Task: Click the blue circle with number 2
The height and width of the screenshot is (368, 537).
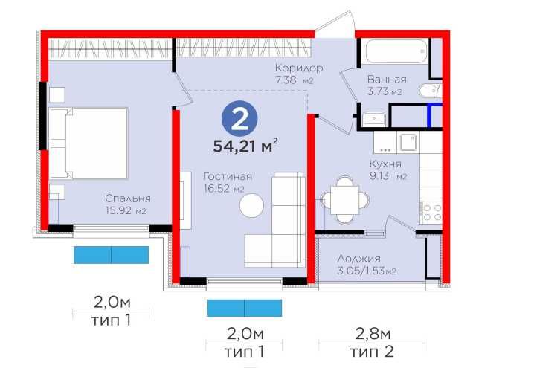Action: pyautogui.click(x=239, y=118)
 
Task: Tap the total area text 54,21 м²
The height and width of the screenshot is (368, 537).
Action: pyautogui.click(x=245, y=146)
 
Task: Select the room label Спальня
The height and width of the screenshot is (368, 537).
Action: pyautogui.click(x=128, y=198)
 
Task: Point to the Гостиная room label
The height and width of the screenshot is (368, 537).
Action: pyautogui.click(x=228, y=176)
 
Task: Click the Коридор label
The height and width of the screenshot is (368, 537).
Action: pyautogui.click(x=299, y=68)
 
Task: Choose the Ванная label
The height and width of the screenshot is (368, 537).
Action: pyautogui.click(x=387, y=80)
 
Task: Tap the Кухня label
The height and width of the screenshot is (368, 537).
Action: pyautogui.click(x=385, y=164)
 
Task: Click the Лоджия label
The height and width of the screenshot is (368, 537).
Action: pyautogui.click(x=358, y=259)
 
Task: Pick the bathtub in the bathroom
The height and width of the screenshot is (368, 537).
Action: pyautogui.click(x=396, y=51)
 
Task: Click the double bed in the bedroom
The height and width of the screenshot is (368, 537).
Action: pyautogui.click(x=89, y=143)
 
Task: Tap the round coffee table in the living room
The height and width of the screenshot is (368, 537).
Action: pyautogui.click(x=251, y=205)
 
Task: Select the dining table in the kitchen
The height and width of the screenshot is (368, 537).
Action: pyautogui.click(x=344, y=199)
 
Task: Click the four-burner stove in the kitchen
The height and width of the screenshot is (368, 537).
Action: pyautogui.click(x=431, y=212)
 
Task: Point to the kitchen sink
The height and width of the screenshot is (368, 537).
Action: pyautogui.click(x=408, y=142)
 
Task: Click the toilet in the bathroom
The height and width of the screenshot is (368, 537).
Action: pyautogui.click(x=429, y=91)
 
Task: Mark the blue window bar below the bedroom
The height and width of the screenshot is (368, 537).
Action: pyautogui.click(x=111, y=255)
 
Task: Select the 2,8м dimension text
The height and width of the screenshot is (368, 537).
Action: pyautogui.click(x=373, y=333)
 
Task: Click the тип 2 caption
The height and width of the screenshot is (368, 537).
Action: pyautogui.click(x=372, y=352)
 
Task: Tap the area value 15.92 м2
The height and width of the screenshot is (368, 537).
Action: pyautogui.click(x=126, y=210)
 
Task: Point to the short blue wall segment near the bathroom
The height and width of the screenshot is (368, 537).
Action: pyautogui.click(x=428, y=115)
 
